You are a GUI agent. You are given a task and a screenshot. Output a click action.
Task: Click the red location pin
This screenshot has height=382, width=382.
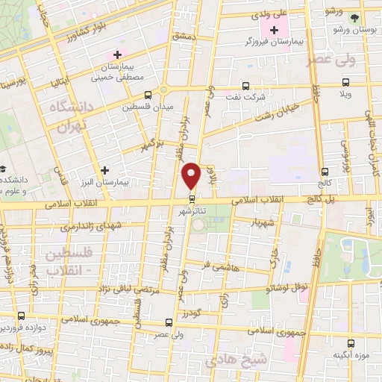click(192, 175)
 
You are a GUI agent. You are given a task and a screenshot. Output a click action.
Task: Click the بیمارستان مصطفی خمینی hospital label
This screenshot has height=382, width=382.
click(116, 70)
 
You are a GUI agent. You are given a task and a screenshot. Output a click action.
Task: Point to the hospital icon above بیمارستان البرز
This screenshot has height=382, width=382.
click(104, 170)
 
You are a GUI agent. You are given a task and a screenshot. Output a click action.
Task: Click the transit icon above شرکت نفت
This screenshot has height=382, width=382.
click(245, 84)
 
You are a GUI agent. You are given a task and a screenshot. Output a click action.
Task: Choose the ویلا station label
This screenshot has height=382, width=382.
click(345, 95)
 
